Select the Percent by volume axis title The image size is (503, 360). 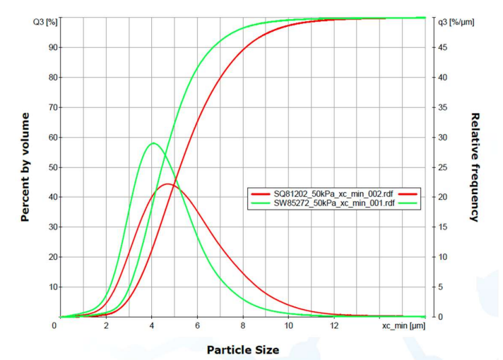click(x=25, y=167)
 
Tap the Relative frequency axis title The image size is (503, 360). click(x=475, y=167)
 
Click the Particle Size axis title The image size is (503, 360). click(x=242, y=349)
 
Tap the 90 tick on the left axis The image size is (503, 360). click(x=52, y=47)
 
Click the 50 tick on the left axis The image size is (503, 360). click(x=52, y=167)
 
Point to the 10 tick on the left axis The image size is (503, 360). click(x=52, y=287)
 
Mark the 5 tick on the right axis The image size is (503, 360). click(x=440, y=287)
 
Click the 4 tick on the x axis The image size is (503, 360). click(x=152, y=325)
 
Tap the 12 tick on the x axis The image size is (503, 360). click(x=334, y=325)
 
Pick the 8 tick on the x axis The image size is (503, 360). click(x=243, y=325)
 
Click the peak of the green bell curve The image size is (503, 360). click(x=153, y=143)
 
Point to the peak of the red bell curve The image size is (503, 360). click(x=168, y=184)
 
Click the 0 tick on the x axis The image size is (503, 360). click(x=54, y=325)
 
